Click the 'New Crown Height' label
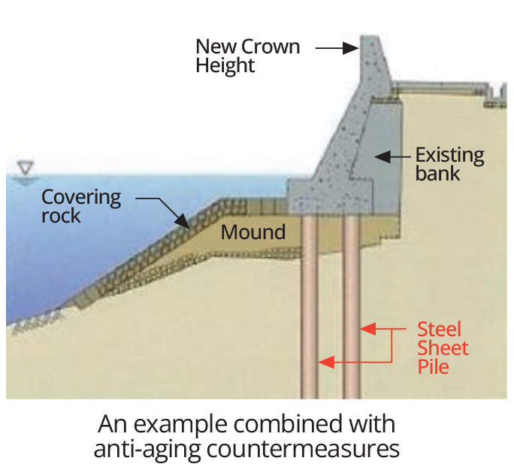pos(247,56)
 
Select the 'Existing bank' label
pos(449,165)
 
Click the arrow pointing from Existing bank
pos(392,157)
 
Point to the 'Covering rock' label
pos(81,205)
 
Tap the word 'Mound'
pos(253,232)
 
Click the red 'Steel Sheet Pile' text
pos(443,348)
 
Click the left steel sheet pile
pos(310,316)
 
